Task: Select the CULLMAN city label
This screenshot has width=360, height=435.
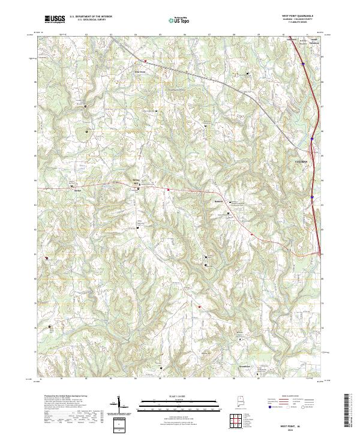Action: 302,162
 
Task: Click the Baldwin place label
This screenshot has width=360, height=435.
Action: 219,201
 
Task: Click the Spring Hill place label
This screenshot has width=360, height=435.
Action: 135,181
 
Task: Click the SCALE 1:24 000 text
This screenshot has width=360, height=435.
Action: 180,396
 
